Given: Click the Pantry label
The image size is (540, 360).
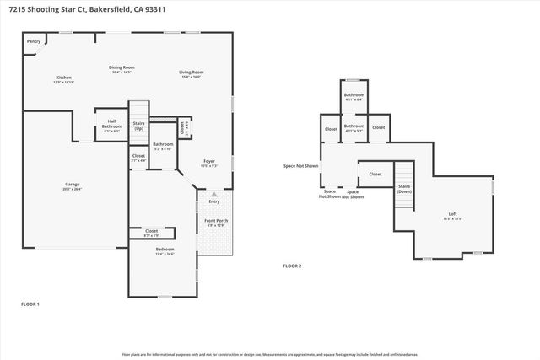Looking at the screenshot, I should tap(34, 41).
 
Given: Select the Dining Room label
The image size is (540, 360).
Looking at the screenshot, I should tap(122, 69).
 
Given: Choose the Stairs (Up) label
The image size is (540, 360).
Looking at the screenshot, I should tap(139, 126).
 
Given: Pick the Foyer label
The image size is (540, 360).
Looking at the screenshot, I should tap(209, 163).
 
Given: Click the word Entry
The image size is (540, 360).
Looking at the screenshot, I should tap(214, 201).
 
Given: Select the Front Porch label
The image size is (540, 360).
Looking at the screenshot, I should tap(216, 223).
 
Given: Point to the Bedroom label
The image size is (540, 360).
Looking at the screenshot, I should tap(165, 251).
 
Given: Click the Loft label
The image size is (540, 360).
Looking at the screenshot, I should tap(452, 217).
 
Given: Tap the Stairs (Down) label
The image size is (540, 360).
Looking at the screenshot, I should tap(404, 189).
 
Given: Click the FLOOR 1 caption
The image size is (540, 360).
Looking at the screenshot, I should tap(30, 304).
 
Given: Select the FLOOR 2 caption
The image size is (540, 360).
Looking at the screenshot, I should tap(292, 266).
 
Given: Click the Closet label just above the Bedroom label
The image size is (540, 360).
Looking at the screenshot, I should tap(151, 232).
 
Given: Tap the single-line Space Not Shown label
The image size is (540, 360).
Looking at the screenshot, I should tap(300, 166).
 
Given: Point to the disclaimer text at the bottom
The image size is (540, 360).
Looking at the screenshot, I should tap(270, 354).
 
